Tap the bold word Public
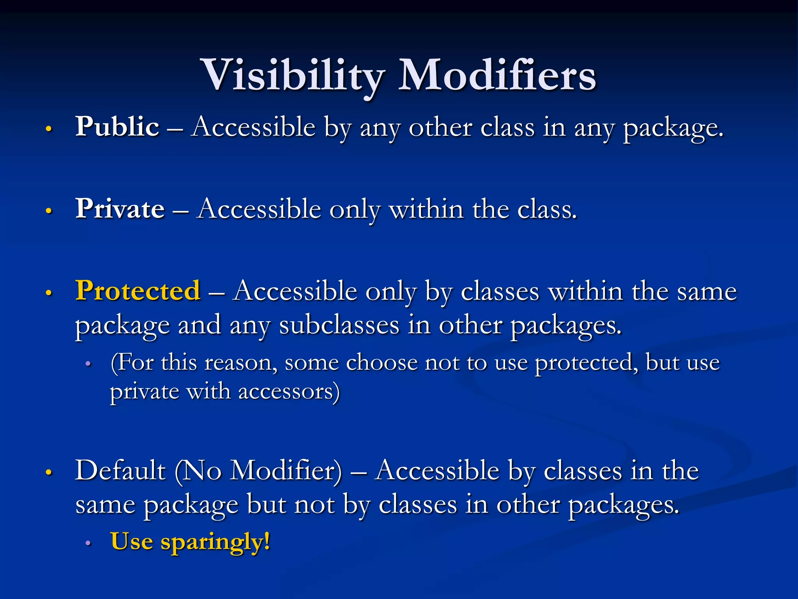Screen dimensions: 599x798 (x=117, y=127)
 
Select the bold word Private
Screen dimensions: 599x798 (x=120, y=209)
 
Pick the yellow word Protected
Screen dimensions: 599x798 (x=138, y=291)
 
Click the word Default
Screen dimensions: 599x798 (x=120, y=470)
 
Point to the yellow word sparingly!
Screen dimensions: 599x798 (x=215, y=542)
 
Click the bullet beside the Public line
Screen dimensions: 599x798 (x=49, y=129)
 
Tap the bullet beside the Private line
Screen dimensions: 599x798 (x=49, y=211)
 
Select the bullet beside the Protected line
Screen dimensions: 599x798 (x=49, y=292)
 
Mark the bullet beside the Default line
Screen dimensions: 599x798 (x=49, y=472)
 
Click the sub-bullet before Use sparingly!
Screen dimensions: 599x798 (x=88, y=543)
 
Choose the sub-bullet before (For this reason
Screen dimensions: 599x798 (x=88, y=364)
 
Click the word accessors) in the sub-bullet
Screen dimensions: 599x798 (x=289, y=392)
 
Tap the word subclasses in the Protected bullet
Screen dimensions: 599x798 (x=339, y=325)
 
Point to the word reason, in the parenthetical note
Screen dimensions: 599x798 (x=241, y=363)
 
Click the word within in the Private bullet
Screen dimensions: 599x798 (x=427, y=209)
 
